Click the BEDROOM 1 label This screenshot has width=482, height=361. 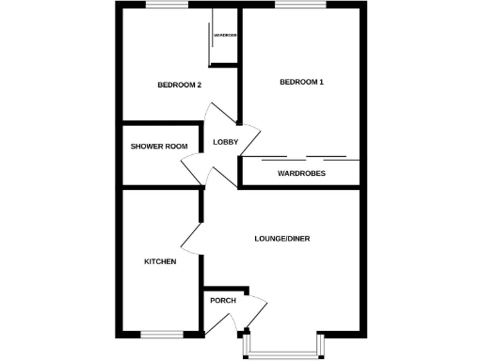tap(301, 83)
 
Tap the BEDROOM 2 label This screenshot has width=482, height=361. tap(179, 86)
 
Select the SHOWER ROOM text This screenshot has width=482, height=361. tap(159, 147)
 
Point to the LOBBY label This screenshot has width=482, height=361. tap(226, 142)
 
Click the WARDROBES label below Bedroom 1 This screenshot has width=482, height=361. tap(301, 174)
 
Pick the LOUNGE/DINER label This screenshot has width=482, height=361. tap(282, 239)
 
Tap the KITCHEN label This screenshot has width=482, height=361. tap(159, 261)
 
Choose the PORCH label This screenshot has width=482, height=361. tap(223, 301)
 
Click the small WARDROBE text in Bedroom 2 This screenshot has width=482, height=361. tap(225, 35)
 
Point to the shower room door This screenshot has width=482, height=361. tap(194, 168)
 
